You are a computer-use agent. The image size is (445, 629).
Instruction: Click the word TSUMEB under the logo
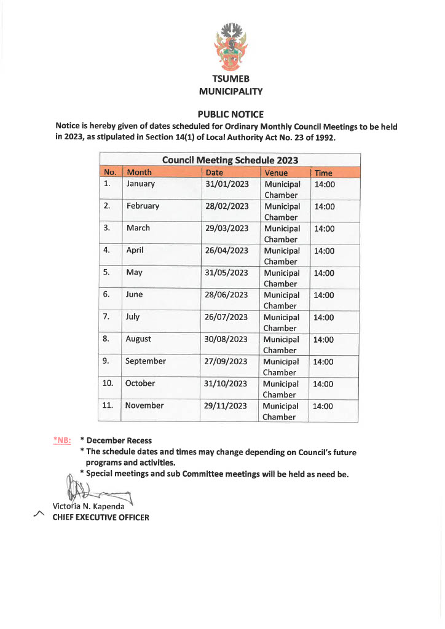coord(230,79)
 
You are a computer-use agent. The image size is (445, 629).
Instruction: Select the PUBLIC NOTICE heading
coord(230,114)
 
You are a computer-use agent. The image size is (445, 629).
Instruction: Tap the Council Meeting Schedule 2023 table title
coord(230,160)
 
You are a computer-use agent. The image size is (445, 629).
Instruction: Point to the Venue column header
coord(276,173)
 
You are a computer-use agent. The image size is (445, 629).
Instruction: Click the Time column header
coord(323,173)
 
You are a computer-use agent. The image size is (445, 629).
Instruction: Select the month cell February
coord(143,206)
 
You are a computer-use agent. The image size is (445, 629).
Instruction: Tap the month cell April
coord(135,250)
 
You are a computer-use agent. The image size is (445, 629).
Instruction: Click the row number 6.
coord(106,294)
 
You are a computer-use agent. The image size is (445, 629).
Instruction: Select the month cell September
coord(146,361)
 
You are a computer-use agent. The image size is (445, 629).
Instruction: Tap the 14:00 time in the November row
coord(323,406)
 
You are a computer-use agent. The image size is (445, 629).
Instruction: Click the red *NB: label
coord(62,440)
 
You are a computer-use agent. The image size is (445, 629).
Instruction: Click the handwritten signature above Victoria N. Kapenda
coord(92,490)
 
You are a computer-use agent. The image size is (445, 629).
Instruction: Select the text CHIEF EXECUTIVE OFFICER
coord(101,517)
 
